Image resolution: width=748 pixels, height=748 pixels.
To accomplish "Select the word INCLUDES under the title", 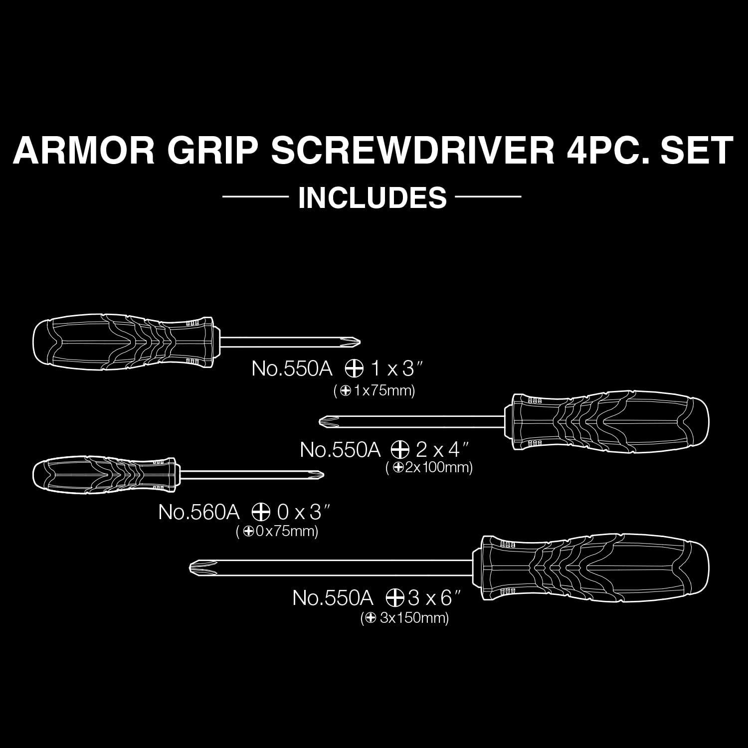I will pyautogui.click(x=372, y=197).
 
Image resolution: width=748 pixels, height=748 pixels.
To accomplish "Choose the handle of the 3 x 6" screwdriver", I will pyautogui.click(x=593, y=566).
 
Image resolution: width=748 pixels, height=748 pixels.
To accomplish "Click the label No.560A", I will pyautogui.click(x=199, y=512).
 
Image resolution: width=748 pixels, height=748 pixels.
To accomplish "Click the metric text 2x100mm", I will pyautogui.click(x=438, y=468).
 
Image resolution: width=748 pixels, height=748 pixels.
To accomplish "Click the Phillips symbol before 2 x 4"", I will pyautogui.click(x=397, y=450).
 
